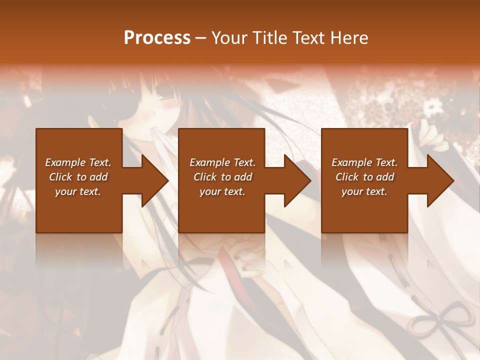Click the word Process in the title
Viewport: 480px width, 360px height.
point(157,38)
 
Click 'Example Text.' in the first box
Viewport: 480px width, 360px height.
point(78,162)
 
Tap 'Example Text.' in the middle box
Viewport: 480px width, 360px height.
point(222,162)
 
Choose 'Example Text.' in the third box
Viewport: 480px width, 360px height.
point(364,162)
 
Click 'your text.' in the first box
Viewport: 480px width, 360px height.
point(78,191)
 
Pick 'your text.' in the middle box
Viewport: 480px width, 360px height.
point(222,191)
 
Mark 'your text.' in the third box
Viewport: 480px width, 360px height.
point(364,191)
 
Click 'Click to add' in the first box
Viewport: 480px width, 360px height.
point(78,177)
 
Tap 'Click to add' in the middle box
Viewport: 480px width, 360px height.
point(222,177)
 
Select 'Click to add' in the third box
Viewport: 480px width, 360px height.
point(364,177)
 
